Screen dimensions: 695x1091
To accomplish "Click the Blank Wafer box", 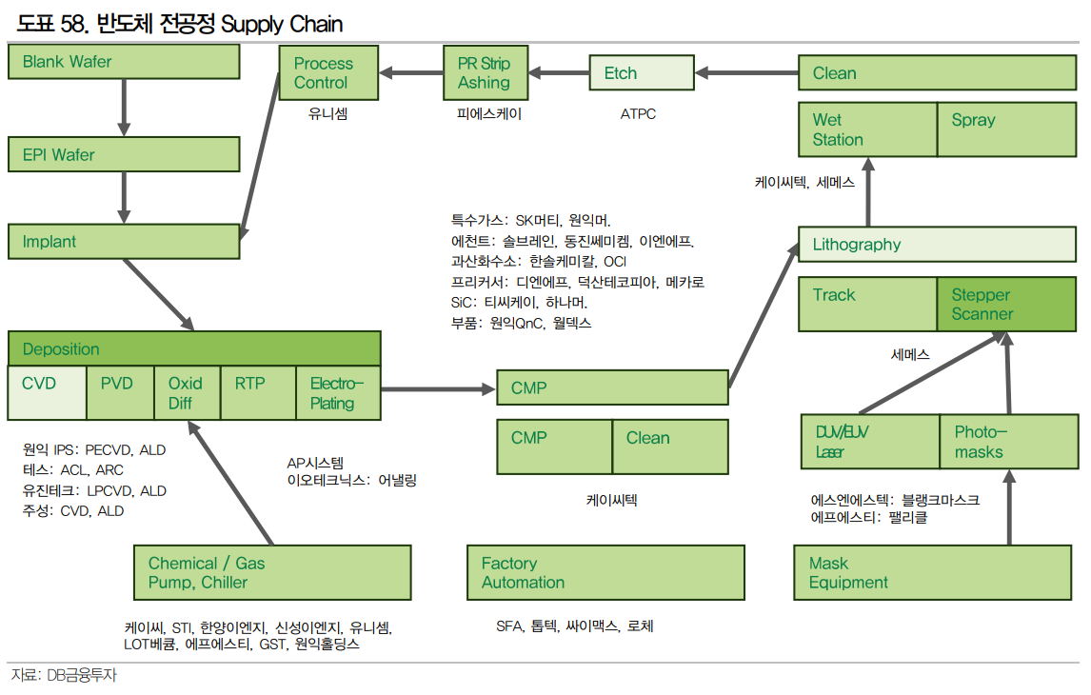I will tap(124, 62).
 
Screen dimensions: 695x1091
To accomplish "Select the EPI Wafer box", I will tap(124, 155).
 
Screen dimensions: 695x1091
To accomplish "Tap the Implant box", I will tap(124, 241).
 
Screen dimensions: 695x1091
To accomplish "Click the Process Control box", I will tap(328, 73).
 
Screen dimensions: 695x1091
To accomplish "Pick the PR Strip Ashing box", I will tap(485, 73).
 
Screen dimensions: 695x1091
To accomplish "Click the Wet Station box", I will tap(867, 129).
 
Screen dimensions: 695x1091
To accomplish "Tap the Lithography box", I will tap(937, 245).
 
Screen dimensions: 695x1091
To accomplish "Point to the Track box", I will tap(867, 305).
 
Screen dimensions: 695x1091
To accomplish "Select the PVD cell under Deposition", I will tap(120, 392).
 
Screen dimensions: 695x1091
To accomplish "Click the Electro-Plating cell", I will tap(338, 392).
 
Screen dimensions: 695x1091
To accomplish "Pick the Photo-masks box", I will tap(1008, 442).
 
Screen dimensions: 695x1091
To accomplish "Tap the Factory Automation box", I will tap(605, 573).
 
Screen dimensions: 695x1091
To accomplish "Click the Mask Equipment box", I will tap(937, 573).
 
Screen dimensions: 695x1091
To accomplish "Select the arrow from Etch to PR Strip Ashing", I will tap(559, 72).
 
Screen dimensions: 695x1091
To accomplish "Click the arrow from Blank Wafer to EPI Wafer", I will tap(124, 109).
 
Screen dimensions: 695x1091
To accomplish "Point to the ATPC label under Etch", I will tap(638, 114).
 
